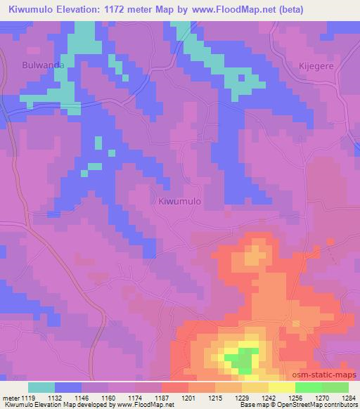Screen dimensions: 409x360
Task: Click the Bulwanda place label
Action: point(39,65)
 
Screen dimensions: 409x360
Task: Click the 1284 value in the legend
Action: point(349,398)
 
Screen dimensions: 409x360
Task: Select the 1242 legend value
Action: point(269,398)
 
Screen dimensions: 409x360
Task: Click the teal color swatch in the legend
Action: point(41,387)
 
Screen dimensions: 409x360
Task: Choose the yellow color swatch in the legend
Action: point(282,387)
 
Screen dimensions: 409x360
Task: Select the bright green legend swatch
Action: point(309,387)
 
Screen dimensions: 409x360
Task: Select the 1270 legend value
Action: point(323,398)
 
